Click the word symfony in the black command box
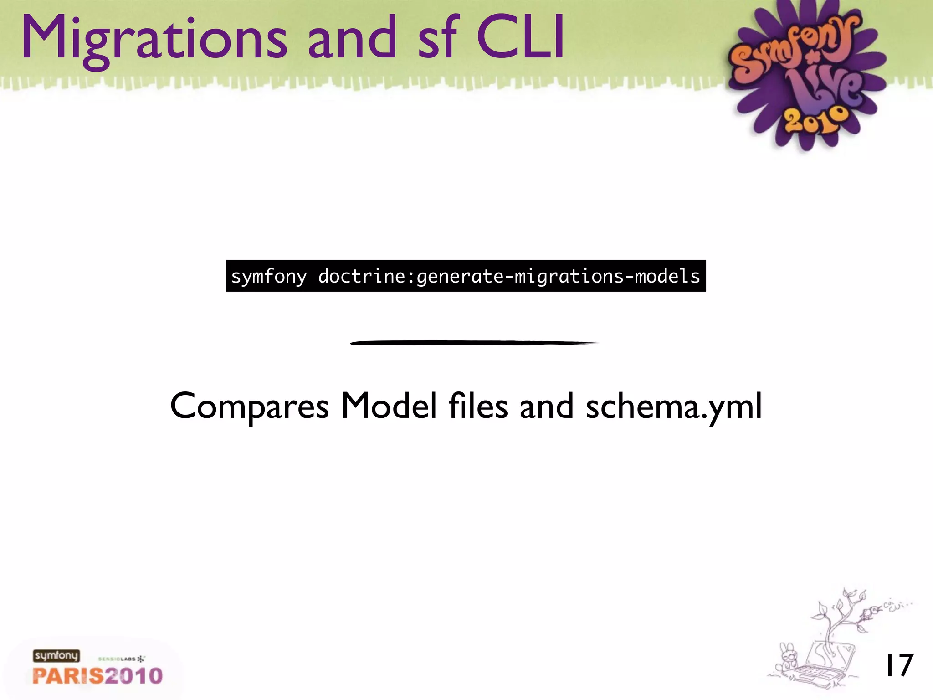[269, 277]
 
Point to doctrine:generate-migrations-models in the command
[508, 277]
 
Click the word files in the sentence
[478, 406]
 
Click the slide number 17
[898, 665]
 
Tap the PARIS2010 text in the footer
[97, 675]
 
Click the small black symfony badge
[56, 655]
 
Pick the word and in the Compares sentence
[546, 406]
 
